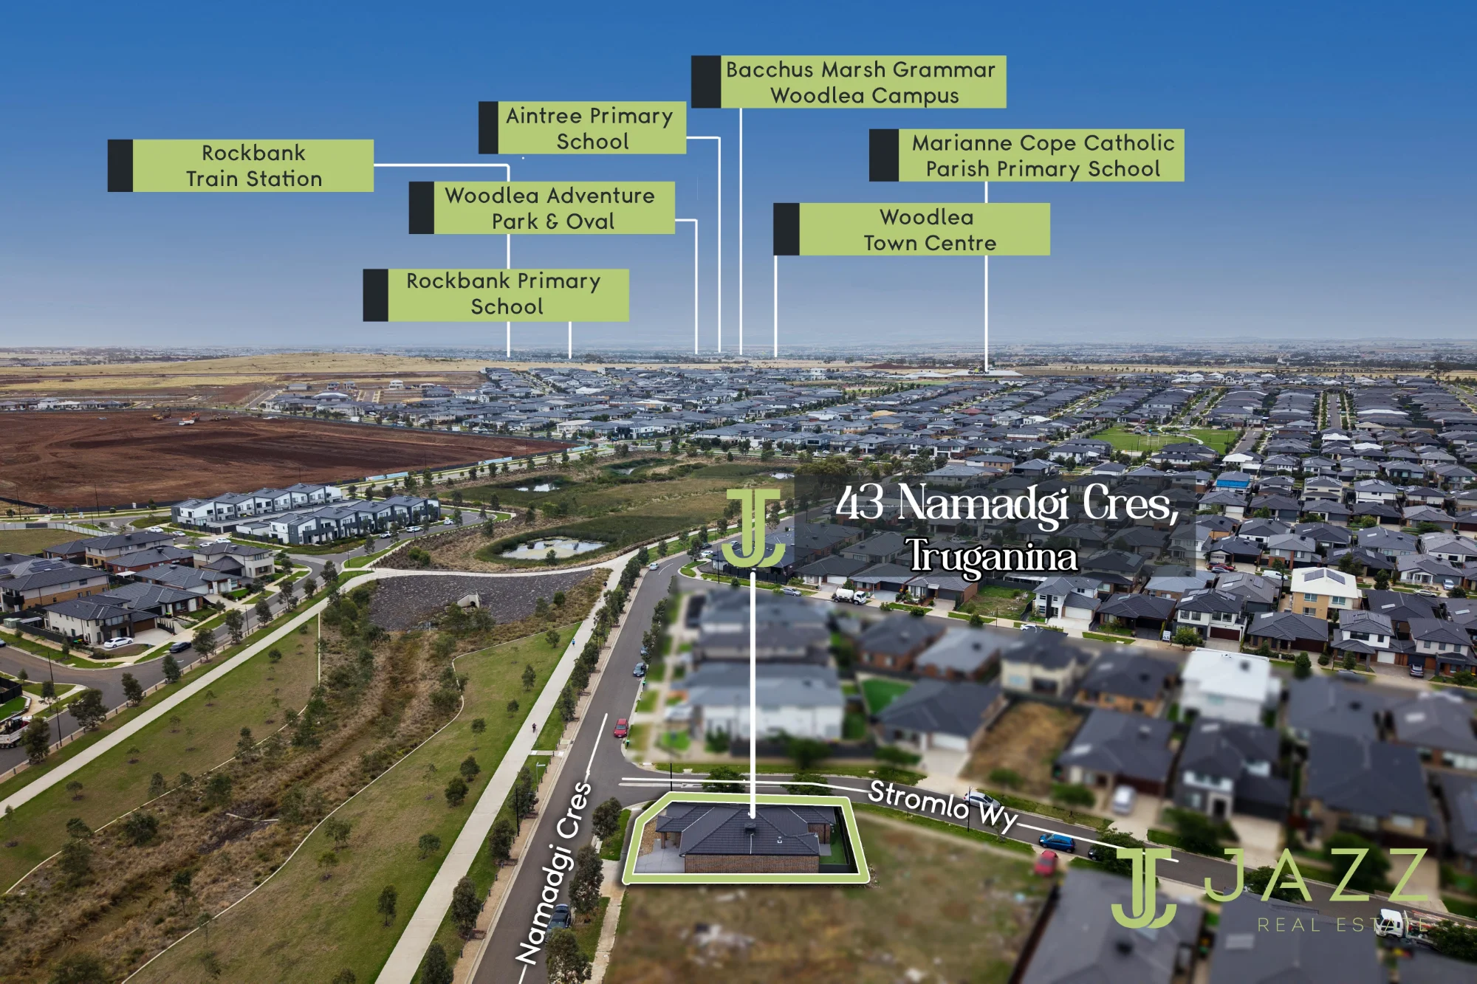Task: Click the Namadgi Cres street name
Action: [x=553, y=873]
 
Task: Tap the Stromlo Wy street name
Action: [x=943, y=805]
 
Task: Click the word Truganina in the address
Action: [x=992, y=556]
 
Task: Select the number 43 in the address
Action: [x=860, y=503]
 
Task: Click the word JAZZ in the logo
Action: [x=1316, y=875]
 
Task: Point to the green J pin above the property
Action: [x=753, y=527]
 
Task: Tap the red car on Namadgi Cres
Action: [x=621, y=727]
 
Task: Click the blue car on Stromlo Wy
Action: [x=1057, y=842]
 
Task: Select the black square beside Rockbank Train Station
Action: [x=120, y=165]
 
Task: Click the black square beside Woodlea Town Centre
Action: [x=787, y=230]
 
